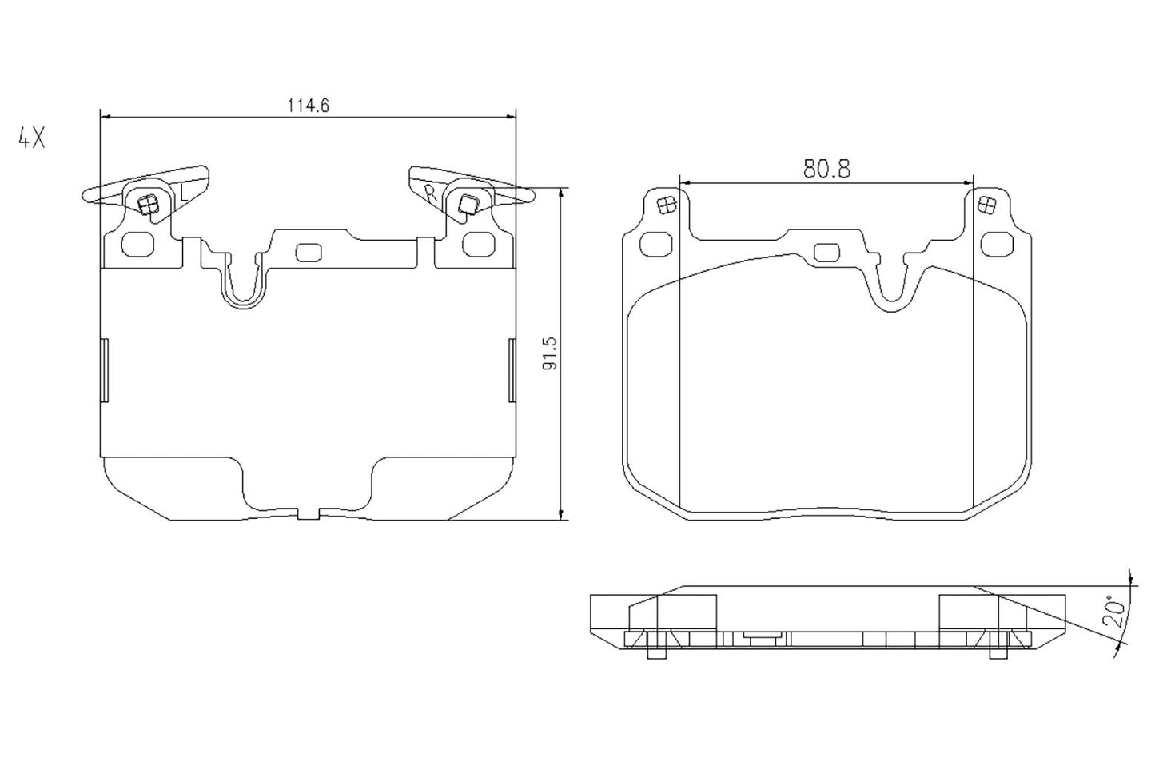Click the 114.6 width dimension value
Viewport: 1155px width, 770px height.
(308, 105)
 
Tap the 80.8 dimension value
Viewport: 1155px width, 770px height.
(826, 169)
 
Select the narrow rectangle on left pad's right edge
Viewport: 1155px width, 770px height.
(512, 369)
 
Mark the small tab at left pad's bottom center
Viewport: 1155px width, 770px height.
(308, 513)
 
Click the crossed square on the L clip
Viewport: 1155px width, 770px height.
(146, 205)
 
